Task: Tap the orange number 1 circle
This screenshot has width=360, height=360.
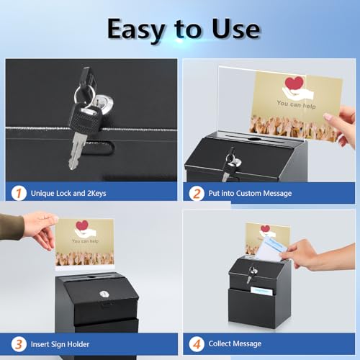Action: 18,192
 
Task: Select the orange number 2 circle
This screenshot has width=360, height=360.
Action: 197,192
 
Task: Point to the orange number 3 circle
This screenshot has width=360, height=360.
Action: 18,343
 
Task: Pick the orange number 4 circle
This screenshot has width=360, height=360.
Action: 197,343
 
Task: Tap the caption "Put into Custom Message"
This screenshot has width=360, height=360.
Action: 250,193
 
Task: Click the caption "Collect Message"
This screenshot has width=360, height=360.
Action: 235,344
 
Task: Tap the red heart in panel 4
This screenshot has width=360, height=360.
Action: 264,230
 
